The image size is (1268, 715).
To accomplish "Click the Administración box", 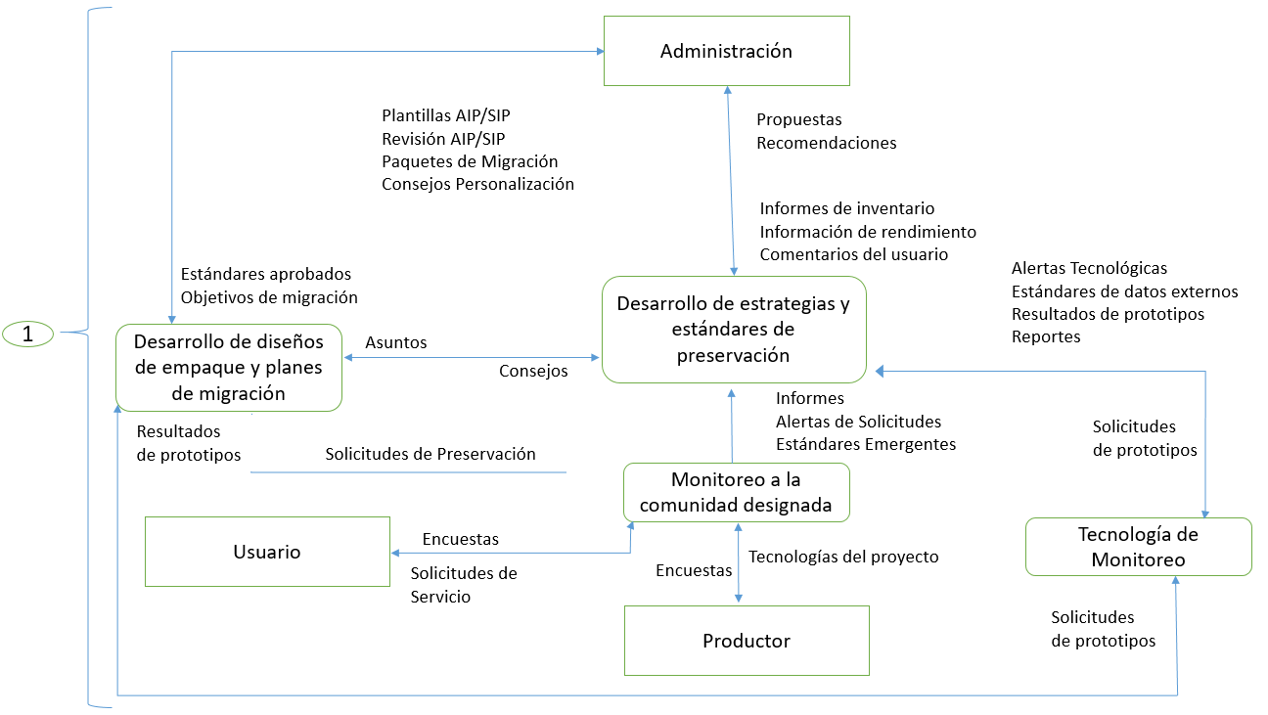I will pyautogui.click(x=726, y=51).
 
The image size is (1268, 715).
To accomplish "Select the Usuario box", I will pyautogui.click(x=267, y=552).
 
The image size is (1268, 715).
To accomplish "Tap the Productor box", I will pyautogui.click(x=747, y=641).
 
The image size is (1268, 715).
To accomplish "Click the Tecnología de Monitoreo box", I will pyautogui.click(x=1138, y=547).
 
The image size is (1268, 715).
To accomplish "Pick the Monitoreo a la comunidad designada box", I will pyautogui.click(x=737, y=492).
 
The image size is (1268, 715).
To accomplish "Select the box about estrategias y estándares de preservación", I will pyautogui.click(x=734, y=329).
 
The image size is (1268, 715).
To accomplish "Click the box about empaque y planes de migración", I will pyautogui.click(x=229, y=368).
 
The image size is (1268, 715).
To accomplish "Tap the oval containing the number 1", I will pyautogui.click(x=28, y=334).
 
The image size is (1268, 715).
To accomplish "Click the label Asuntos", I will pyautogui.click(x=396, y=343).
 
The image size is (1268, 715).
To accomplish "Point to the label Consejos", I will pyautogui.click(x=533, y=371).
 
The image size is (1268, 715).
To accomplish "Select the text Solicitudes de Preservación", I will pyautogui.click(x=430, y=454).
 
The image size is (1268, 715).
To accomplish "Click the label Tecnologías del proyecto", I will pyautogui.click(x=843, y=557).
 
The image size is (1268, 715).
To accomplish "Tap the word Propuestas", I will pyautogui.click(x=799, y=119).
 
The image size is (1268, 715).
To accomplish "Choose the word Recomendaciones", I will pyautogui.click(x=827, y=143).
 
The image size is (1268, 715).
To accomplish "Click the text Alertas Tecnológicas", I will pyautogui.click(x=1089, y=268).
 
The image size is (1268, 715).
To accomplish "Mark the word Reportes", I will pyautogui.click(x=1046, y=336).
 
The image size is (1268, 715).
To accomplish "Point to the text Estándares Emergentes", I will pyautogui.click(x=866, y=444).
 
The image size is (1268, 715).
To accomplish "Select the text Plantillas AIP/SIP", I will pyautogui.click(x=446, y=115).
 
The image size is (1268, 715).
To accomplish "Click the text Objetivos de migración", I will pyautogui.click(x=269, y=297).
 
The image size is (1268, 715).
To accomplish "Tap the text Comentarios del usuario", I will pyautogui.click(x=854, y=254).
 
